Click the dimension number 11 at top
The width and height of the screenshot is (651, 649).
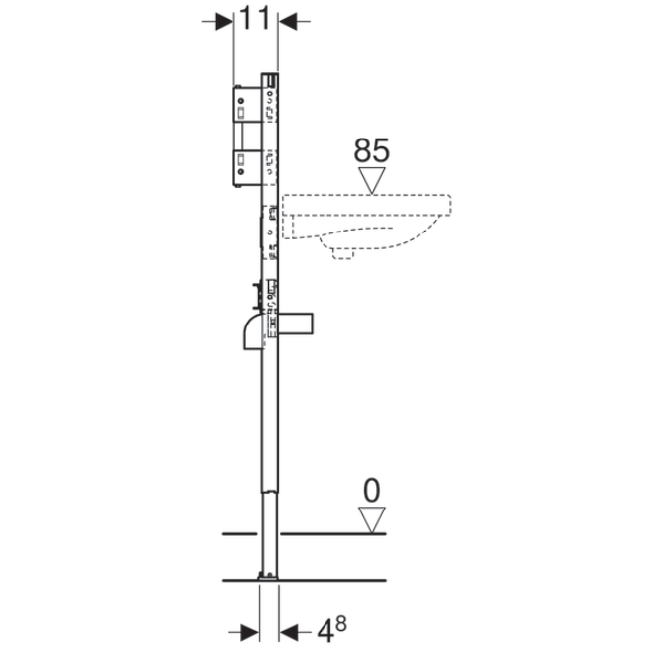tap(254, 18)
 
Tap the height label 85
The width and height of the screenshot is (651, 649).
tap(372, 150)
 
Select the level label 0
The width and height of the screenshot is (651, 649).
tap(372, 491)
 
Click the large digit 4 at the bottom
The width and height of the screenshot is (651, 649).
tap(325, 632)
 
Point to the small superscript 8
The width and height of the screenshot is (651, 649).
tap(341, 624)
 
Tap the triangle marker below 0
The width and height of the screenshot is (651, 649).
tap(372, 519)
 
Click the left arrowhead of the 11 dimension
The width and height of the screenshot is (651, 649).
tap(225, 21)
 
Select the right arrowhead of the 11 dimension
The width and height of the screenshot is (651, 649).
tap(288, 21)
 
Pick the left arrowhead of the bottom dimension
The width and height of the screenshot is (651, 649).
tap(249, 633)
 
